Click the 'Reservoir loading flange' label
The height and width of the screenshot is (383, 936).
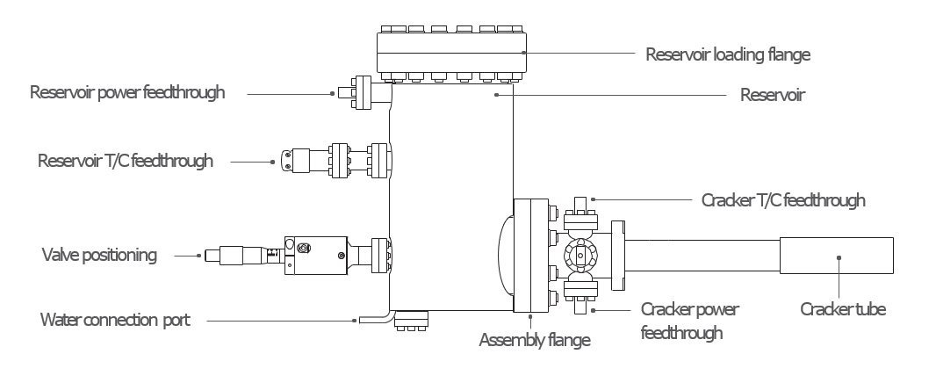coord(728,54)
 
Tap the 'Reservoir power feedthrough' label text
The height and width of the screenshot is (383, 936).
coord(127,92)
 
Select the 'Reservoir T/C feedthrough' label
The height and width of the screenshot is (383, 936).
coord(126,161)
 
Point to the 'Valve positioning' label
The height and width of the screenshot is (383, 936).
coord(99,255)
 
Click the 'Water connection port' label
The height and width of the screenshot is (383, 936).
coord(115,320)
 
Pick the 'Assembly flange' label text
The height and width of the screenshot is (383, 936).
coord(535,340)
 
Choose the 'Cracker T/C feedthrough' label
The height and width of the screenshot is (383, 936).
coord(783,200)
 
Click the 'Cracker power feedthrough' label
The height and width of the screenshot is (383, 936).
coord(690,321)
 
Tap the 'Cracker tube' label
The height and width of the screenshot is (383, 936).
coord(843,309)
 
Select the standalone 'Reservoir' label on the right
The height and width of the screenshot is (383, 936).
coord(773,95)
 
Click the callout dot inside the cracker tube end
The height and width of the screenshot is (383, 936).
coord(839,257)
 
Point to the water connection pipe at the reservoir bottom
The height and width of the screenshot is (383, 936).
coord(374,319)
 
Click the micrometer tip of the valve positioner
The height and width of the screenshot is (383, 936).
coord(212,256)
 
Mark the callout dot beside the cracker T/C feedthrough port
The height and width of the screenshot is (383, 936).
coord(593,199)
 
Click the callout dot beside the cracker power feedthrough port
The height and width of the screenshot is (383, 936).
coord(593,310)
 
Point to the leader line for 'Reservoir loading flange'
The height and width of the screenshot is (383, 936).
coord(579,53)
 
